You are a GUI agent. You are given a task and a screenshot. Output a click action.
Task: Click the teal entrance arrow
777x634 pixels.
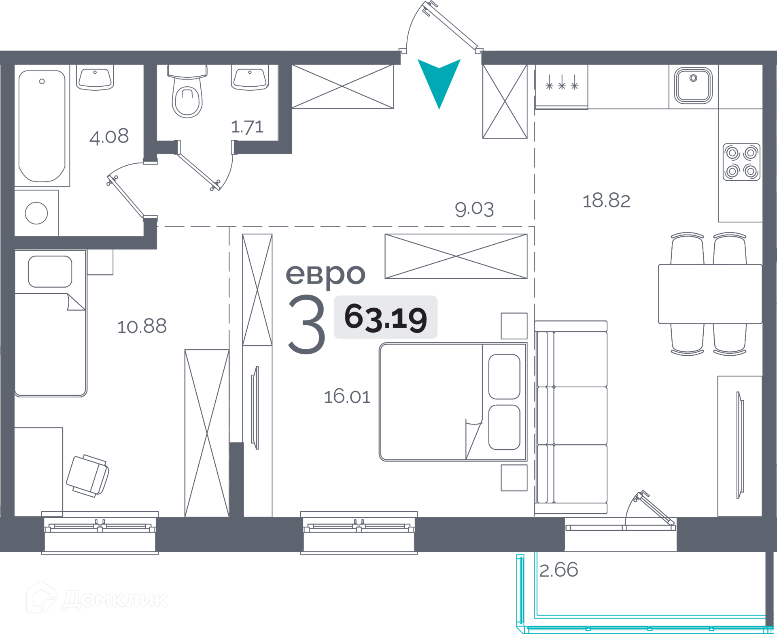pos(439,81)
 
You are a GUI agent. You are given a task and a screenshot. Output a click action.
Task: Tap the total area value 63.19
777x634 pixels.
pos(385,318)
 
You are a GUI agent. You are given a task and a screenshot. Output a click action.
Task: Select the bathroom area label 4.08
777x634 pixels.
pos(109,137)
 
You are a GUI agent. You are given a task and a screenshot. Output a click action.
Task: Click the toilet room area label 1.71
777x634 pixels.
pos(247,127)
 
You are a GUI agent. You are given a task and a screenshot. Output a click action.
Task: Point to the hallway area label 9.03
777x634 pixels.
pos(474,209)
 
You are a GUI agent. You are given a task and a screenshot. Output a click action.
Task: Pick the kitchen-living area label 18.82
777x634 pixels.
pos(606,201)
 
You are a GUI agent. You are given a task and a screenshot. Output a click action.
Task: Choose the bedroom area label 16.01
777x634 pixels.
pos(347,397)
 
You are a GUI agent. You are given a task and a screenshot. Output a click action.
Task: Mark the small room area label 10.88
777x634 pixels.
pos(142,327)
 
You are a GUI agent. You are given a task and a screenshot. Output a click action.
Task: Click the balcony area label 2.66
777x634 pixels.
pos(558,570)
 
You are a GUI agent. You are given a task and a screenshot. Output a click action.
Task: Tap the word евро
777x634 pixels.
pos(325,275)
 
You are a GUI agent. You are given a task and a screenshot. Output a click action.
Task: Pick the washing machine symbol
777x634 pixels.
pos(36,213)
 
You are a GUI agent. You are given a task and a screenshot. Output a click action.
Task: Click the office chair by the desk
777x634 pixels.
pos(88,475)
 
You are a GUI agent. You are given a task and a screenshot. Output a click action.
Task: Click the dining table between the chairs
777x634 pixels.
pos(709,294)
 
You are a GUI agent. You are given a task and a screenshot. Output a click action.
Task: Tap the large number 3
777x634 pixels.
pos(307,324)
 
